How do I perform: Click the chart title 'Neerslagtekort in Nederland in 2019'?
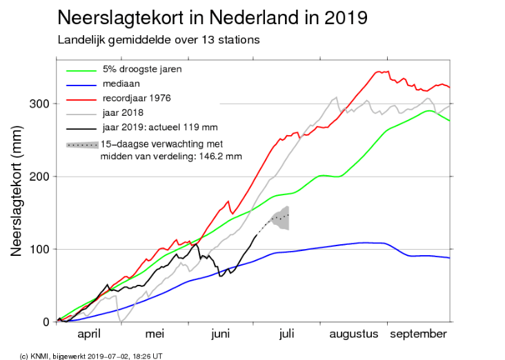pos(212,17)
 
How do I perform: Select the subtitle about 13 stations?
pos(158,39)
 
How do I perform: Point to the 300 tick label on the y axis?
pos(40,104)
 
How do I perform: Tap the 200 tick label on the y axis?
pos(40,177)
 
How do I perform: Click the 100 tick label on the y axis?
pos(40,249)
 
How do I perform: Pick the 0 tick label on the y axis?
pos(46,321)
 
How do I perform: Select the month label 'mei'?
pos(155,334)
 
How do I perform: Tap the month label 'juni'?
pos(220,334)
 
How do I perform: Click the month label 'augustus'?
pos(353,334)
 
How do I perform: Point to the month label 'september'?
pos(419,334)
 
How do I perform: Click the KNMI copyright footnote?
pos(90,355)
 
